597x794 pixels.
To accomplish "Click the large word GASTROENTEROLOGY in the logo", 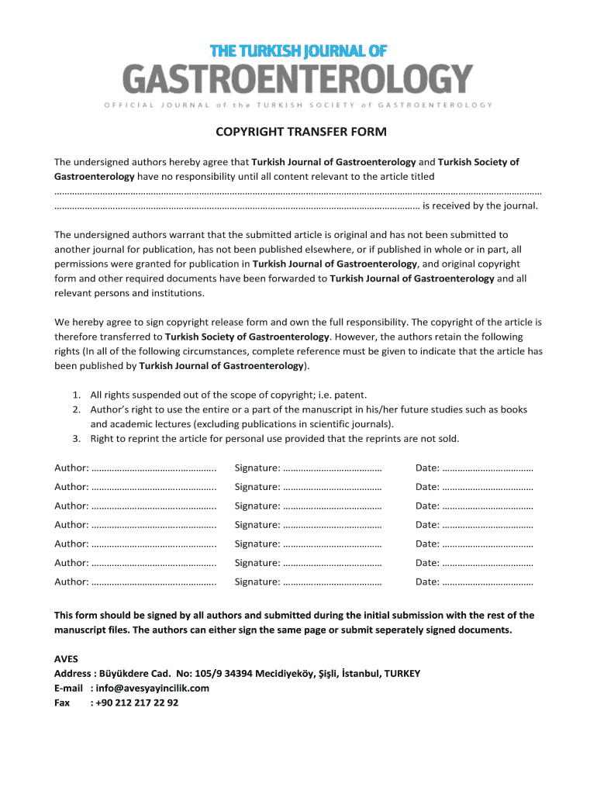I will tap(298, 79).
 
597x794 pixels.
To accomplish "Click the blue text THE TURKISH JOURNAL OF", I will tap(298, 51).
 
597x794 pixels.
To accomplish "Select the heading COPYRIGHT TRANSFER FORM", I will tap(300, 132).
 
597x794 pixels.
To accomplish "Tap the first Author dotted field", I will tap(154, 468).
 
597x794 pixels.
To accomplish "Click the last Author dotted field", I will tap(154, 582).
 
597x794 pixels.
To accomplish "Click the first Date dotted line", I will tap(488, 468).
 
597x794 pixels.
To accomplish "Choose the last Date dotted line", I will tap(488, 582).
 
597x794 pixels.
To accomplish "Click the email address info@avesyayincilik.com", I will tap(152, 688).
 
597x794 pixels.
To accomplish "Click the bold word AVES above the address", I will tap(66, 658).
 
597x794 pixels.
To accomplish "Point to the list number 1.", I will tap(78, 395).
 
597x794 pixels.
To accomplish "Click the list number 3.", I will tap(78, 439).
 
